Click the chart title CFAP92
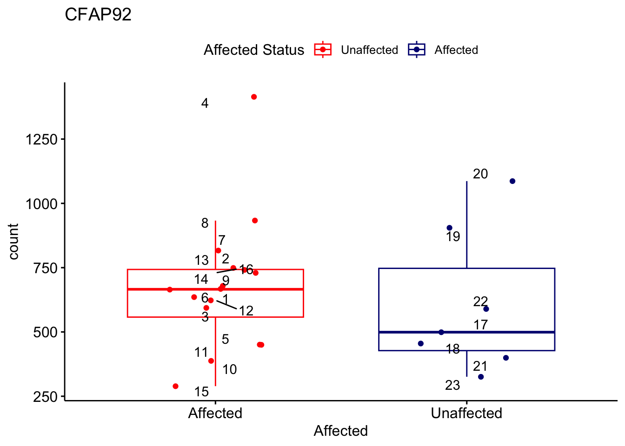[x=98, y=15]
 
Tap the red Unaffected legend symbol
[x=323, y=49]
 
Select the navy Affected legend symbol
[x=417, y=49]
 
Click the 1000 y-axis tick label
[x=41, y=203]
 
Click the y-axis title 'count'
[x=13, y=241]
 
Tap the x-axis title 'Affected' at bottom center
[x=340, y=431]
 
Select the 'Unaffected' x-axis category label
[x=466, y=413]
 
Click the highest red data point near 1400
[x=254, y=97]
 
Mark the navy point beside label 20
[x=512, y=181]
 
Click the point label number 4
[x=205, y=103]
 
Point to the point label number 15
[x=201, y=392]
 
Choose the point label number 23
[x=452, y=385]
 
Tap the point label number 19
[x=452, y=237]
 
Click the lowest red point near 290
[x=175, y=386]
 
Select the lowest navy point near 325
[x=481, y=377]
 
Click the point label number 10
[x=229, y=369]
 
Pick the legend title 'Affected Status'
[x=253, y=50]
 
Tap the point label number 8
[x=205, y=223]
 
